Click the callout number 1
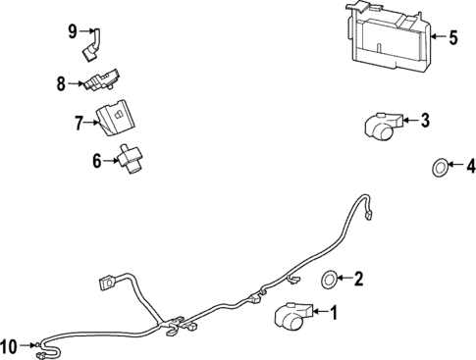click(332, 314)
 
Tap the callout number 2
click(358, 279)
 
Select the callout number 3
click(424, 121)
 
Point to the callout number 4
click(468, 165)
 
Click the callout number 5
click(452, 39)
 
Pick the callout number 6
click(98, 160)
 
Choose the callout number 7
click(80, 122)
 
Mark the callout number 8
click(61, 83)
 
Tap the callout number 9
click(73, 31)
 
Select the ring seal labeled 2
click(330, 279)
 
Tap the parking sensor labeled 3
click(382, 123)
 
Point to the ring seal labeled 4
click(441, 169)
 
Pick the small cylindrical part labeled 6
click(130, 157)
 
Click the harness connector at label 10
click(39, 345)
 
